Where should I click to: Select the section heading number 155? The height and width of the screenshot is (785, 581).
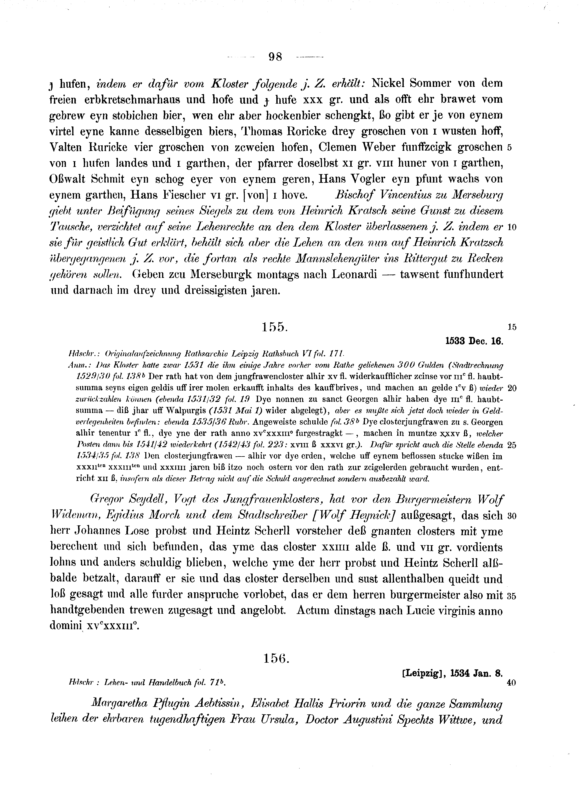275,327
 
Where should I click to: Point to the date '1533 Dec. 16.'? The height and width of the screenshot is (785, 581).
474,341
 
